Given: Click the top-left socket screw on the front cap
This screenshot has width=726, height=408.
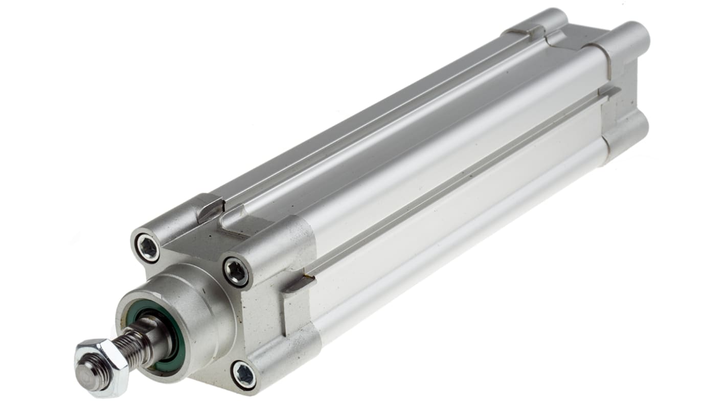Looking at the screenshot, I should (148, 248).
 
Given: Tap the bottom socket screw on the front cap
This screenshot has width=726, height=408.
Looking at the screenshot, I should (244, 375).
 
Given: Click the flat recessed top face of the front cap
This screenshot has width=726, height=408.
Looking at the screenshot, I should (199, 240).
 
